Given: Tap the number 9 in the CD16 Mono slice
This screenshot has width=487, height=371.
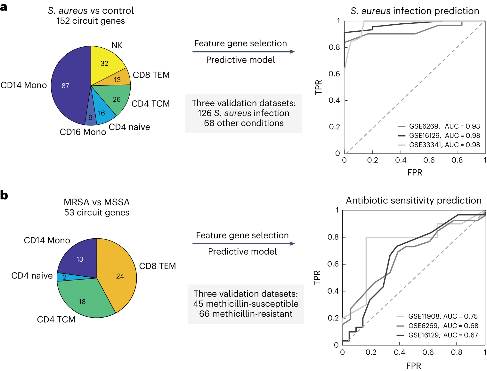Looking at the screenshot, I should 91,118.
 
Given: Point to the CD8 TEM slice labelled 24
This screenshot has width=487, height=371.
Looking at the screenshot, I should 120,276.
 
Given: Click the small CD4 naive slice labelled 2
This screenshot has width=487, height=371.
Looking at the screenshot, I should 65,277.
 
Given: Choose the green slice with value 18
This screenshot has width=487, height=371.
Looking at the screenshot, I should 82,302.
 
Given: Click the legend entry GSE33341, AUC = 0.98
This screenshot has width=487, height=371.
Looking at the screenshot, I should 444,145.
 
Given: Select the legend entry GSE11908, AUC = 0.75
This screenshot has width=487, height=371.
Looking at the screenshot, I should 443,316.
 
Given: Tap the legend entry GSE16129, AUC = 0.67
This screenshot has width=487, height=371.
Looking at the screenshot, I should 443,335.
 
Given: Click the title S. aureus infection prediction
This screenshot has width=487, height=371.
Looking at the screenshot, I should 415,11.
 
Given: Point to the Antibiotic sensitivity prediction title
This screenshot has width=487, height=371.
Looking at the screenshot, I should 414,201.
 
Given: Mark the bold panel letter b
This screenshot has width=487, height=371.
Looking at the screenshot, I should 4,195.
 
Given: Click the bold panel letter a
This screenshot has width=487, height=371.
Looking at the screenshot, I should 4,7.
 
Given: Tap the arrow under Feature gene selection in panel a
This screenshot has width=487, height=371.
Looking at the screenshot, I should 243,51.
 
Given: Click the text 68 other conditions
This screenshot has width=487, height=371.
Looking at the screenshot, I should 244,123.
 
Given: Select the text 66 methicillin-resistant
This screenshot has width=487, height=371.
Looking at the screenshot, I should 246,314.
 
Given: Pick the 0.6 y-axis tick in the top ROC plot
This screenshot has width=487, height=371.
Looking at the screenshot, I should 334,74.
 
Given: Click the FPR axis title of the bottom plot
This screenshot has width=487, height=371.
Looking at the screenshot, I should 414,366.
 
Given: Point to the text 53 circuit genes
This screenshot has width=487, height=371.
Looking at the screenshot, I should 97,212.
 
